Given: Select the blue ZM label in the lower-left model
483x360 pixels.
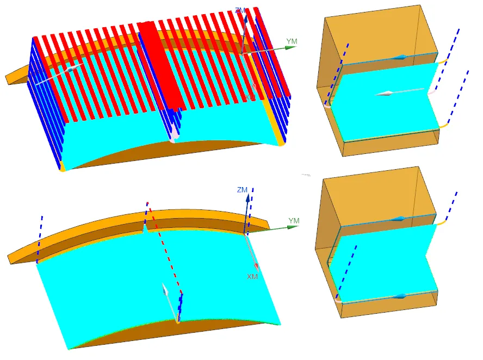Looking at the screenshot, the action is (x=242, y=190).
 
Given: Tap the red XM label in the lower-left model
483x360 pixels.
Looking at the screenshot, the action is (x=252, y=277).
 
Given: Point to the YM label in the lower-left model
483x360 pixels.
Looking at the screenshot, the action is (x=294, y=221).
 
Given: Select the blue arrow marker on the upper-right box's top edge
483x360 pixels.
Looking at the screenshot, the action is (x=401, y=57).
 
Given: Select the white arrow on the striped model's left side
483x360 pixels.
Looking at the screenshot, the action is (x=70, y=70).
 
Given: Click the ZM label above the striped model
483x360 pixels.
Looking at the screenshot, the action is (x=240, y=10).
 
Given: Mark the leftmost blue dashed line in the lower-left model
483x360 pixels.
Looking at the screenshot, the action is (x=39, y=239).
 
